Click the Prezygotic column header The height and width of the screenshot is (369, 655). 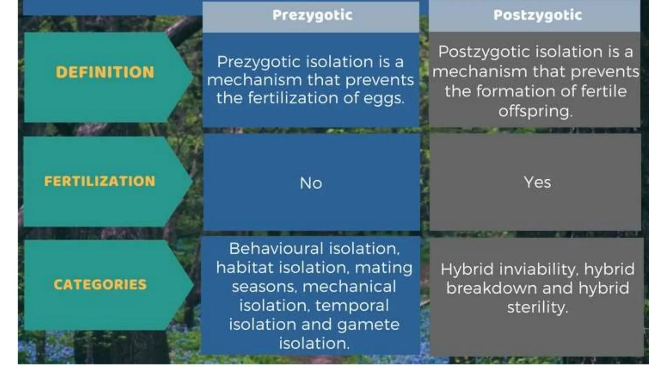click(312, 15)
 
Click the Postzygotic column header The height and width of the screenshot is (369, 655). click(537, 15)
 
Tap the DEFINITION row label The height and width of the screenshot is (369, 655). click(105, 72)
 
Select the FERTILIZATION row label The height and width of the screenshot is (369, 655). click(100, 181)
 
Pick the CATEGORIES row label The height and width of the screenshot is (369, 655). click(100, 284)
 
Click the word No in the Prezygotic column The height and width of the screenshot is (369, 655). click(311, 184)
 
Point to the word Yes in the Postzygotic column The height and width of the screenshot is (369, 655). click(537, 183)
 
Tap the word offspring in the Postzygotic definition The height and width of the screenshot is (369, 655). click(535, 111)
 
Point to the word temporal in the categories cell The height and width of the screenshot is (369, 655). click(352, 306)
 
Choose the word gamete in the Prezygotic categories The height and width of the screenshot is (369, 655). click(368, 325)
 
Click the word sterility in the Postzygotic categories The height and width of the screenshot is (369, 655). click(537, 307)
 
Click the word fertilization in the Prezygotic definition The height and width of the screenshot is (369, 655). click(293, 98)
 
